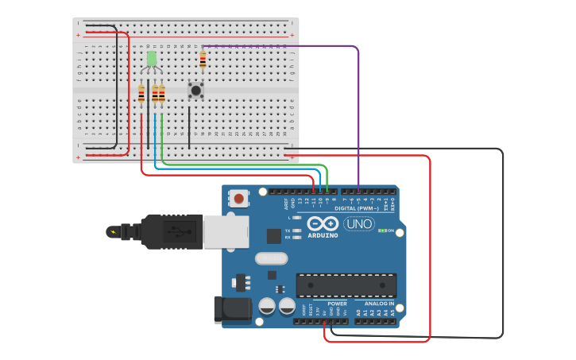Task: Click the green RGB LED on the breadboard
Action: (151, 59)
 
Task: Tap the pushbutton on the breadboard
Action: (195, 91)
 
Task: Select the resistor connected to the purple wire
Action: (203, 60)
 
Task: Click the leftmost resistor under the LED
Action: (141, 95)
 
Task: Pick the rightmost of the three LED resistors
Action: (162, 95)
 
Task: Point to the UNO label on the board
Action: (359, 223)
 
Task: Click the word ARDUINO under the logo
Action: (323, 235)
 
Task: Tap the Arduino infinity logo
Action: (323, 223)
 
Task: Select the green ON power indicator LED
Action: (382, 230)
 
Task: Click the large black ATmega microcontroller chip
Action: (346, 285)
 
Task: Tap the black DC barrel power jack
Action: (232, 309)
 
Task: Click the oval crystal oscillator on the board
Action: (271, 258)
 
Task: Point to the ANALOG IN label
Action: (379, 304)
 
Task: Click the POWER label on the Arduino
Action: (337, 304)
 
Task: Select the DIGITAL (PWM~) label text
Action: (357, 208)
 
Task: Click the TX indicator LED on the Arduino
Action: (296, 230)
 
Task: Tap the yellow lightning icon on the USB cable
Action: (112, 232)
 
